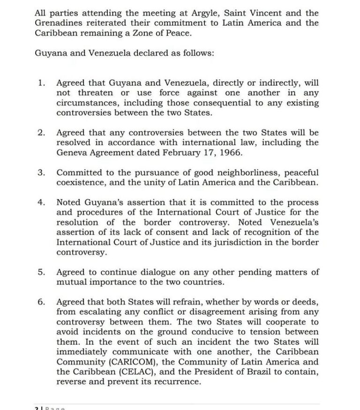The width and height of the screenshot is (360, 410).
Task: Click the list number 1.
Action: [x=41, y=83]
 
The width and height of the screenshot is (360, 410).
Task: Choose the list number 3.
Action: [x=41, y=173]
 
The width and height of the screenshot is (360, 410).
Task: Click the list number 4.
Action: [x=41, y=202]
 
